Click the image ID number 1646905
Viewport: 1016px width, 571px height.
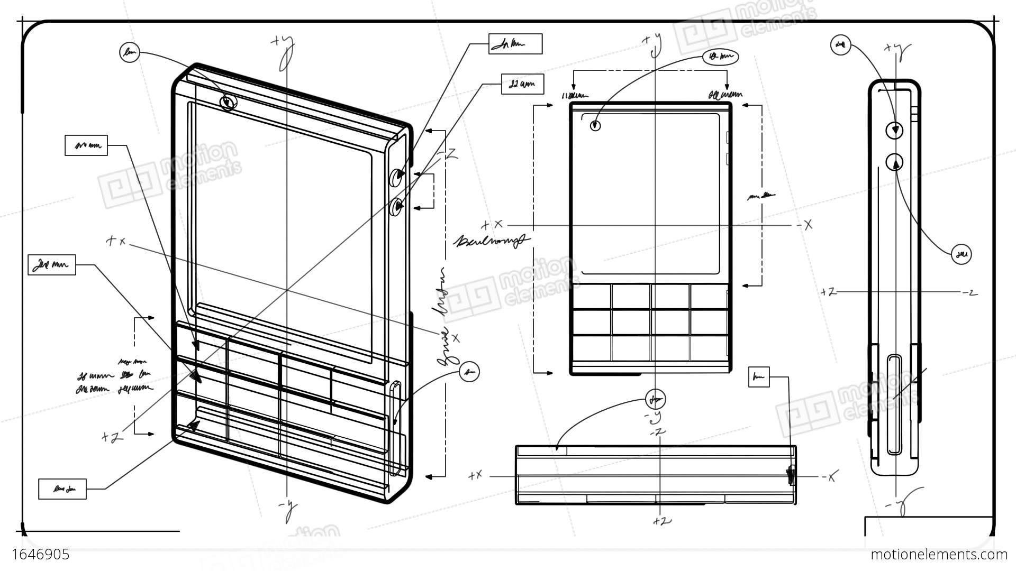point(41,554)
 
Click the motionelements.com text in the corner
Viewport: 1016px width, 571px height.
point(939,554)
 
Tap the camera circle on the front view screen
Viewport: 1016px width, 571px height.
point(595,126)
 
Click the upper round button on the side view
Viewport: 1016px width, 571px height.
point(894,130)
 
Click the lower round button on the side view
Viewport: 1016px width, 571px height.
point(894,162)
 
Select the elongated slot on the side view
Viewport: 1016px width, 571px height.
point(894,404)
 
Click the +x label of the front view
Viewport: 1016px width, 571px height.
point(492,225)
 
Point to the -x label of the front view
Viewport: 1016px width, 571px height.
point(804,225)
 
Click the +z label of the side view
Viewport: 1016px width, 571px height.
point(828,292)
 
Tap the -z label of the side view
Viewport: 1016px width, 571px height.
point(969,292)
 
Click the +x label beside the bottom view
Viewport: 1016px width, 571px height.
point(475,476)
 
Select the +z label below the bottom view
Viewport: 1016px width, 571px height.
point(661,521)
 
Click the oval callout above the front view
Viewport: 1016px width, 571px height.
point(720,56)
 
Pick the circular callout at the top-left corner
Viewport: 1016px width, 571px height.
point(129,52)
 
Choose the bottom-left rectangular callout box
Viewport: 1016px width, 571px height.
point(62,489)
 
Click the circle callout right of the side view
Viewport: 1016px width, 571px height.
point(961,255)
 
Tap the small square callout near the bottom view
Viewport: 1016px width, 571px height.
point(759,377)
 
